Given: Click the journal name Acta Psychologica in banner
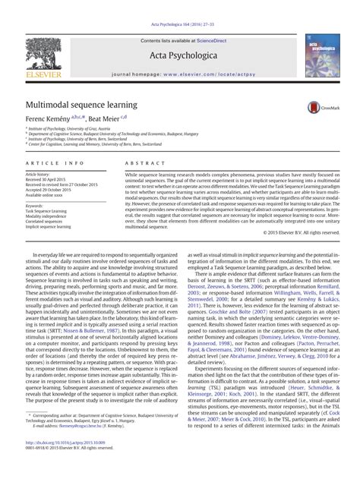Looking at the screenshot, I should point(180,54).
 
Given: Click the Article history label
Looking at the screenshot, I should point(37,174).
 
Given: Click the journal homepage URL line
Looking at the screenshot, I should point(179,75).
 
